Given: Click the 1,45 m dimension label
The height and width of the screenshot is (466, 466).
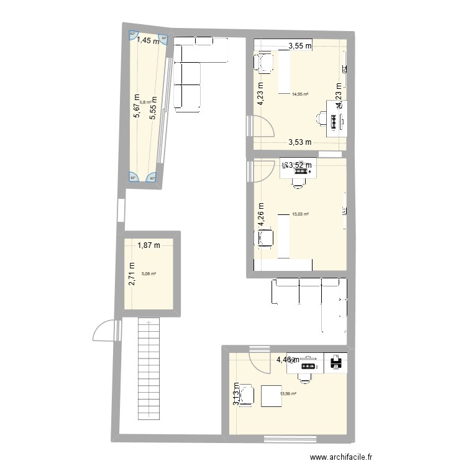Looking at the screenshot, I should click(x=148, y=41).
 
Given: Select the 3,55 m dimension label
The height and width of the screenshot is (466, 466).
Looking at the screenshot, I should click(x=299, y=45).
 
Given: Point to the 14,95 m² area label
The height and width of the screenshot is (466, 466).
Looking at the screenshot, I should click(x=300, y=95).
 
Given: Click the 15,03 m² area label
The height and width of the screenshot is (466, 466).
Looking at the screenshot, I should click(x=300, y=214).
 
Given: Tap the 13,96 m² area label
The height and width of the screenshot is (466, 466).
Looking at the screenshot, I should click(x=288, y=393).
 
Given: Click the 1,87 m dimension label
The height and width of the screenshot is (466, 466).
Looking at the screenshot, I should click(x=148, y=245).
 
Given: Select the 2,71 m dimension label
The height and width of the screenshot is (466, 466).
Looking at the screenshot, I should click(x=132, y=275).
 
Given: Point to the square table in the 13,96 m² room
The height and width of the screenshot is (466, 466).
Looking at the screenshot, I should click(x=272, y=396).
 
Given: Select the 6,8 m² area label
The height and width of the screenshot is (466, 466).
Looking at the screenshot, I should click(x=145, y=103).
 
